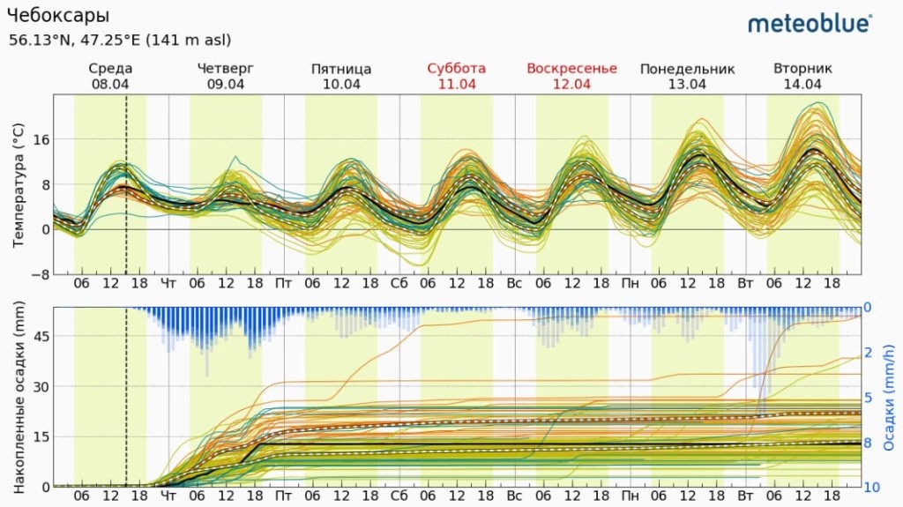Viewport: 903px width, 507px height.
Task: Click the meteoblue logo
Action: (810, 23)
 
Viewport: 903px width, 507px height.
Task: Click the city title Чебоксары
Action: (58, 16)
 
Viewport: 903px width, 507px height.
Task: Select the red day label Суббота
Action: (456, 69)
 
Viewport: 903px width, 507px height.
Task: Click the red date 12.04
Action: (571, 85)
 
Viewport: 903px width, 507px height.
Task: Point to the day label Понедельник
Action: (687, 69)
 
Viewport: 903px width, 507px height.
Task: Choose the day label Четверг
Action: (226, 69)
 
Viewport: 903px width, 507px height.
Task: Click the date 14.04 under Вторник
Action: (802, 85)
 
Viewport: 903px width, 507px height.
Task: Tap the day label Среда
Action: (110, 69)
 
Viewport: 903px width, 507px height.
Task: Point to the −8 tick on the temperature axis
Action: (39, 274)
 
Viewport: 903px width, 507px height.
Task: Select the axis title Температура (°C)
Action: (19, 185)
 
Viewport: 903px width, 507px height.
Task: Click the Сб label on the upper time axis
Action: (399, 284)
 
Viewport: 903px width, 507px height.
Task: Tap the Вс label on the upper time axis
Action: (514, 284)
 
